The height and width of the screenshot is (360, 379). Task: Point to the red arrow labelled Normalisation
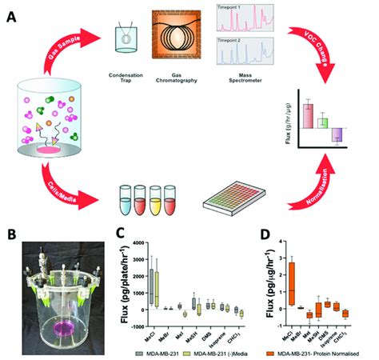pyautogui.click(x=312, y=179)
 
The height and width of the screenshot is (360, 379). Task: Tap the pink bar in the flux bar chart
pyautogui.click(x=307, y=117)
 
